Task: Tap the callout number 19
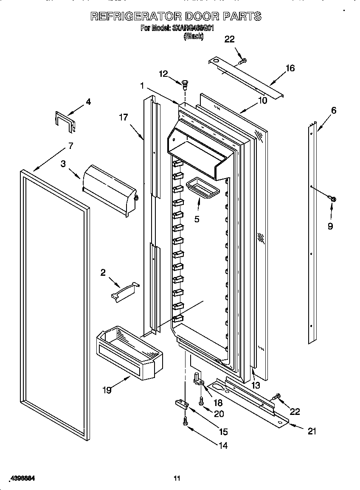[107, 390]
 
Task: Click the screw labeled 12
[185, 84]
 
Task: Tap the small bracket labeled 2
[124, 292]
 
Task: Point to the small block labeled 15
[181, 403]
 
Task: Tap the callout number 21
[312, 431]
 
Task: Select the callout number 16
[290, 68]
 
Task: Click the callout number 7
[70, 146]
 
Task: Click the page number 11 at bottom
[177, 478]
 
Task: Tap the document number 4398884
[21, 478]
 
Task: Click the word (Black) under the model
[193, 37]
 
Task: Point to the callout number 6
[334, 110]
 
